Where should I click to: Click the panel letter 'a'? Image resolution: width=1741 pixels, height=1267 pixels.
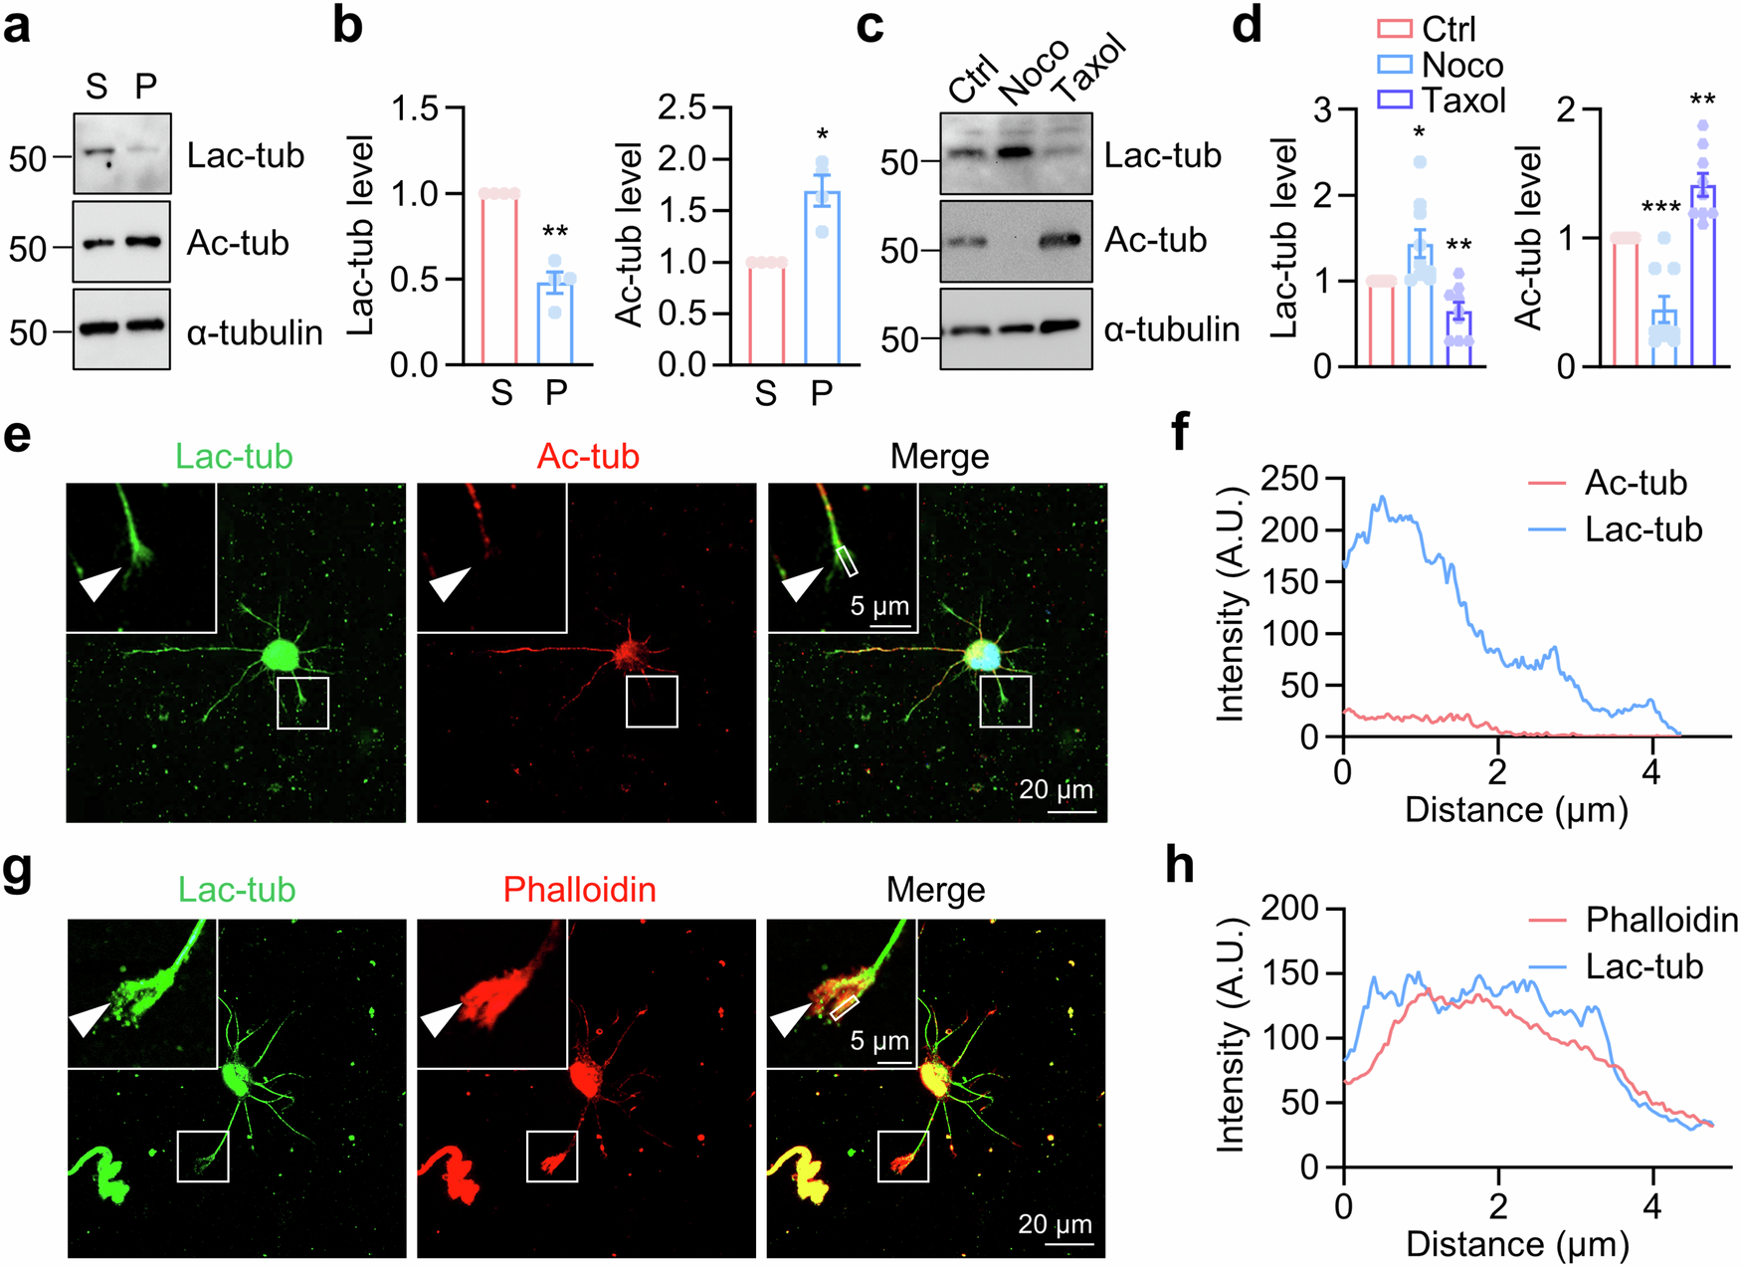point(17,26)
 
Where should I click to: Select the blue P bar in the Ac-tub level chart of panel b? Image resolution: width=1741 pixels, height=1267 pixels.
point(822,278)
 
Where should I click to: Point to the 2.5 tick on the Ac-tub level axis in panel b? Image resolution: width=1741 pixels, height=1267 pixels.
point(681,107)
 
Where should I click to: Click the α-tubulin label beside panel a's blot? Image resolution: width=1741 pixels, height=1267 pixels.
point(255,332)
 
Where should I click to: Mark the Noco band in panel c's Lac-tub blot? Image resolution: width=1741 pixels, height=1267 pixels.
point(1017,152)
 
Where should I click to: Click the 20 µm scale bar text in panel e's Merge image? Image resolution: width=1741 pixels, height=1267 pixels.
point(1056,789)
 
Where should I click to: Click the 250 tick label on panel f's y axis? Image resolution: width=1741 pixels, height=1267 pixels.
point(1289,480)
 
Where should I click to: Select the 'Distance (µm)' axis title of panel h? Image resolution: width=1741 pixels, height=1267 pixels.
point(1516,1243)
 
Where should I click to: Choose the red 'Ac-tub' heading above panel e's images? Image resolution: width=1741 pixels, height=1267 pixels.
point(588,456)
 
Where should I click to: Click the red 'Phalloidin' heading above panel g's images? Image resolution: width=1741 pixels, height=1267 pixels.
point(579,889)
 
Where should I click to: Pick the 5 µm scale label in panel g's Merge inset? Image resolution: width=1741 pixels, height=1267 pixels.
point(879,1041)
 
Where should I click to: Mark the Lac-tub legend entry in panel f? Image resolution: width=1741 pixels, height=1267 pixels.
point(1644,529)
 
